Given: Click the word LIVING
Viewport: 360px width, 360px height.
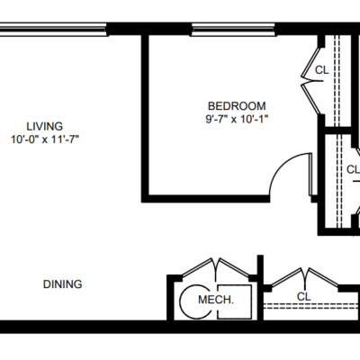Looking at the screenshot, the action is tap(45, 126).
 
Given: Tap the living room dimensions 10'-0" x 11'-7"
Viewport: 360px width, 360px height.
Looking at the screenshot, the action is tap(45, 139).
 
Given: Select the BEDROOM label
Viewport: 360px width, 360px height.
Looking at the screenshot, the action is tap(237, 106).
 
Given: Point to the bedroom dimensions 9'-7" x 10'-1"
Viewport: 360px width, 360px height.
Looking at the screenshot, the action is tap(237, 120).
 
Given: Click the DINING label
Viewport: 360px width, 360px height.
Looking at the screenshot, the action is tap(62, 284).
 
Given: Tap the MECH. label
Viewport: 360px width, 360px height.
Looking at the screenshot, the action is tap(216, 300).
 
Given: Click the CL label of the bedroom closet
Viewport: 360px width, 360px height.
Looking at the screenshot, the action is tap(322, 70).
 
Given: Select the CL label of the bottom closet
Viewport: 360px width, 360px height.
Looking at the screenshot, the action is tap(304, 297).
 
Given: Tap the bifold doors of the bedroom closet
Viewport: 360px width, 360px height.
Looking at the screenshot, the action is tap(310, 81).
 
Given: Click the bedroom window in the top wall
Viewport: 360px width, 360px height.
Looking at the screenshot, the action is tap(233, 30).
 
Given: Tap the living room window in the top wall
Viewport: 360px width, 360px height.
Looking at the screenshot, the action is tap(53, 30).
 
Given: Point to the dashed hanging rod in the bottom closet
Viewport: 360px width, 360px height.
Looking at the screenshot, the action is tap(311, 306).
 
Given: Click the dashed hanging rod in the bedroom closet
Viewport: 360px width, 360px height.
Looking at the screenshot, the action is tap(337, 80).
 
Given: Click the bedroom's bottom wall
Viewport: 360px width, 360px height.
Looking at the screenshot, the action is tap(205, 198).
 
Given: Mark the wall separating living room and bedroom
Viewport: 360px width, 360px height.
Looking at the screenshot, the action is tap(145, 118).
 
